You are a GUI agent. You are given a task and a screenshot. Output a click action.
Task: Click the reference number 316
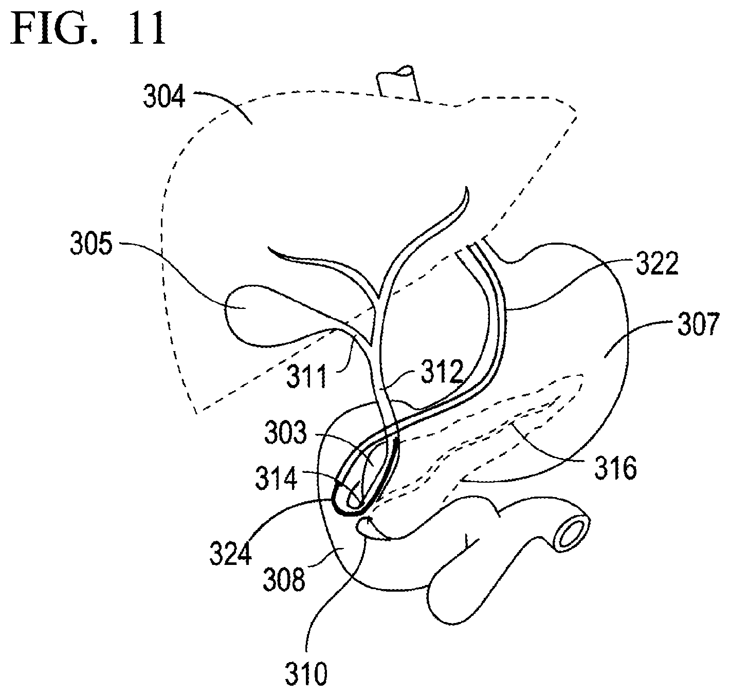point(616,468)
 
